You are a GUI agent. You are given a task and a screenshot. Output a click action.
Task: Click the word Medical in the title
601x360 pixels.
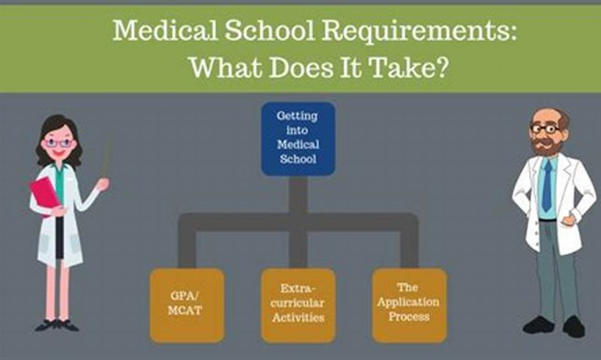[165, 30]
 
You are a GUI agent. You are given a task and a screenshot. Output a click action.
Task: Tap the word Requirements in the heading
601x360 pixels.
[420, 31]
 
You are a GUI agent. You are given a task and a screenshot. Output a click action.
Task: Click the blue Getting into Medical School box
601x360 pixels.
[298, 138]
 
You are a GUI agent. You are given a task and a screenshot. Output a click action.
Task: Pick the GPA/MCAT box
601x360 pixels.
[187, 305]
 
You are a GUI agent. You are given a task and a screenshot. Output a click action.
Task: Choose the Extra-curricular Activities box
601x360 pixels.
[298, 305]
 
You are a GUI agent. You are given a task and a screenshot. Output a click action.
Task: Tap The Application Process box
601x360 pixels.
[409, 305]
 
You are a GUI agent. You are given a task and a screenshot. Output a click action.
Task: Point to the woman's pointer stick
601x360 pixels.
[105, 159]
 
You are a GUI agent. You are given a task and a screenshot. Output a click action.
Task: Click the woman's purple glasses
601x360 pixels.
[58, 143]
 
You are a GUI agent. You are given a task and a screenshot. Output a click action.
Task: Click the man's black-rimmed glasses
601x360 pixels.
[545, 129]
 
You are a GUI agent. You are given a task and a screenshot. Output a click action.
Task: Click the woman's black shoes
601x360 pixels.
[57, 325]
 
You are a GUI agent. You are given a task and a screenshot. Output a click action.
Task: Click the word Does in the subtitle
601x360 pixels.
[301, 67]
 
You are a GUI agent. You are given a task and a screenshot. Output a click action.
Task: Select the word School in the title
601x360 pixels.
[270, 30]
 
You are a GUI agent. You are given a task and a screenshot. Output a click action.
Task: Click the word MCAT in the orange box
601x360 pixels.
[184, 310]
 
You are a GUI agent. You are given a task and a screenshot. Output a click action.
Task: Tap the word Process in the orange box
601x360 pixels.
[409, 317]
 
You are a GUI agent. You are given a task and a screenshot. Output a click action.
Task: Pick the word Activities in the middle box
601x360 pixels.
[298, 317]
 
